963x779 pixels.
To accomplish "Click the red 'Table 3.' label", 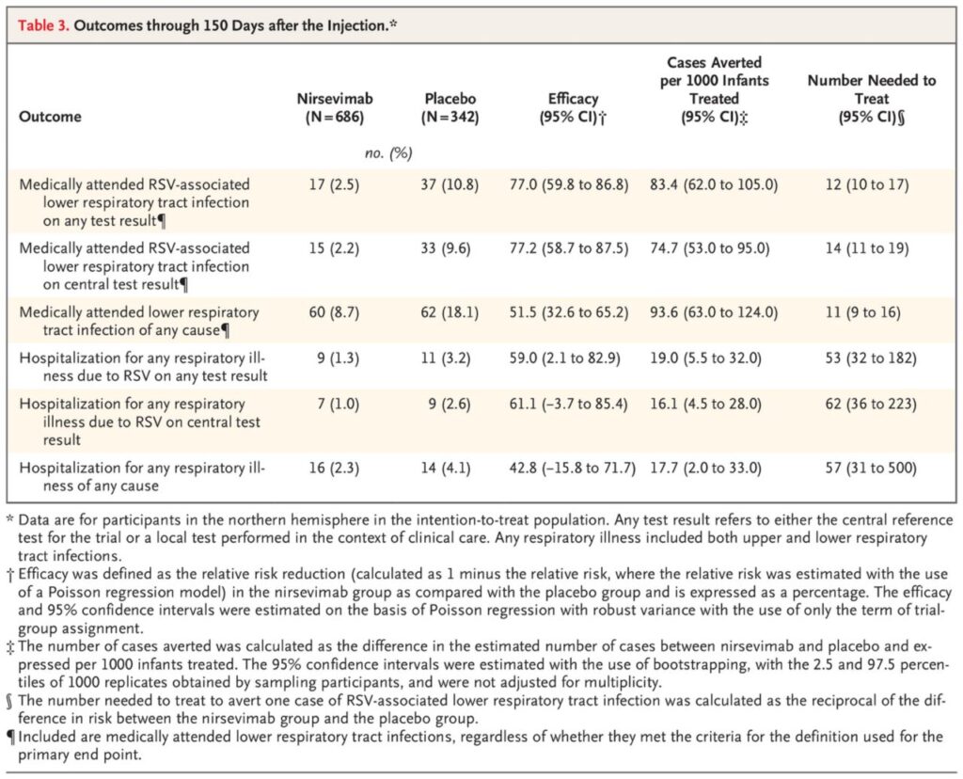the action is click(x=43, y=25).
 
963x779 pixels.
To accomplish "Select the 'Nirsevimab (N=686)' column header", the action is click(x=335, y=107).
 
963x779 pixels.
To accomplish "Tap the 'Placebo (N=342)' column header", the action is click(x=450, y=107).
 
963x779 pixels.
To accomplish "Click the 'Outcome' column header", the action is click(x=50, y=117).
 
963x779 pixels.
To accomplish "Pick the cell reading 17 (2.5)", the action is click(x=334, y=184).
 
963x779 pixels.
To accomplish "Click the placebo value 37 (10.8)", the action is click(x=450, y=184).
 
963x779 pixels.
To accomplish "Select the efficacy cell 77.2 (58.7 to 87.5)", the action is click(x=569, y=248).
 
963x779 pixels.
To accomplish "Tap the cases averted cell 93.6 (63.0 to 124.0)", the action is click(x=714, y=312).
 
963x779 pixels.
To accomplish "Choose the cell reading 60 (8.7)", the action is click(x=334, y=312).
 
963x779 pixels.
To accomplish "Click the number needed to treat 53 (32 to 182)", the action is click(x=871, y=358).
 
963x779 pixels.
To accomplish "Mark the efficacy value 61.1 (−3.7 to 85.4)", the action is click(x=569, y=404).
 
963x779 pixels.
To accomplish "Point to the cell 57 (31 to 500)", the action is click(x=871, y=469).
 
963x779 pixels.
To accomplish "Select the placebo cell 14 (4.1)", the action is click(x=446, y=469).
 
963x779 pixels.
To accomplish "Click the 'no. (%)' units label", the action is click(x=388, y=153).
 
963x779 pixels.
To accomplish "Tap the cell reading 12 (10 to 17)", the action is click(x=867, y=184).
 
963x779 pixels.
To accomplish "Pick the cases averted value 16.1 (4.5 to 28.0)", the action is click(x=705, y=404).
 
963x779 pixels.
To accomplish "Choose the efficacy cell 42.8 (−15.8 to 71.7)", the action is click(x=573, y=469).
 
